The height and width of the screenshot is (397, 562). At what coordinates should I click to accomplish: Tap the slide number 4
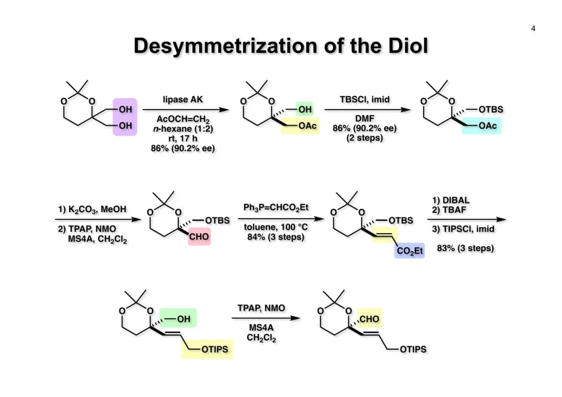(x=533, y=29)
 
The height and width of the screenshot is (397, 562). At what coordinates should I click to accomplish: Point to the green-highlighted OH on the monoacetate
(x=304, y=109)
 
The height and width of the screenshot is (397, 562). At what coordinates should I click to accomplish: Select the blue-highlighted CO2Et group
(x=408, y=251)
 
